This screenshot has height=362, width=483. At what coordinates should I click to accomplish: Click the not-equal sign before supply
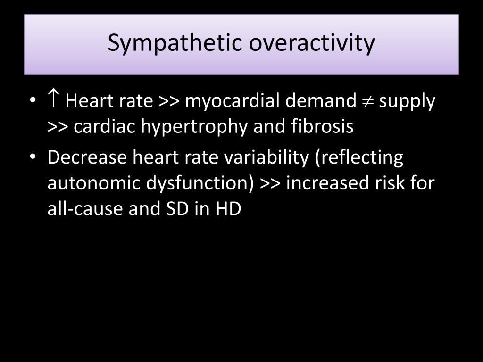pyautogui.click(x=367, y=101)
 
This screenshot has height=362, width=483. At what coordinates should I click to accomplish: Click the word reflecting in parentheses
pyautogui.click(x=359, y=158)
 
